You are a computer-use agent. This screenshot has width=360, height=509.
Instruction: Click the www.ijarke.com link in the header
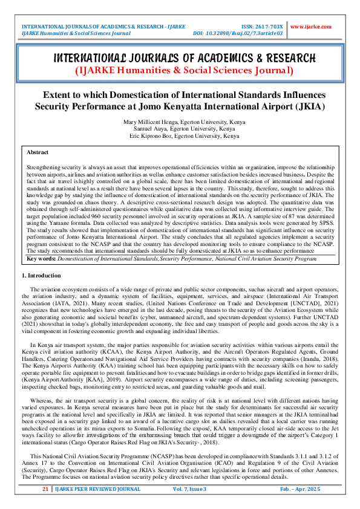[x=311, y=27]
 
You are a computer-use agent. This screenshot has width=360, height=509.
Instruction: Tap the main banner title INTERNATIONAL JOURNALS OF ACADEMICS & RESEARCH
[x=180, y=58]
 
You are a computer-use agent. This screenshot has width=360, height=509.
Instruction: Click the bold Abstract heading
[x=38, y=152]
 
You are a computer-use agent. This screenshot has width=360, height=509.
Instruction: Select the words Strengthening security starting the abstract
[x=54, y=164]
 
